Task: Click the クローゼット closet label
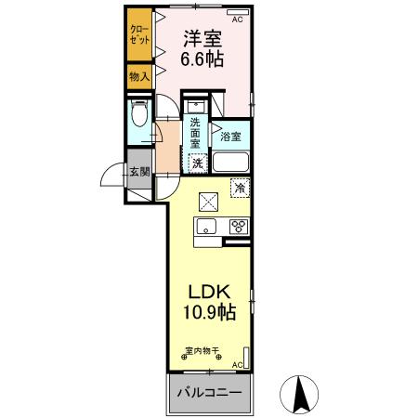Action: click(139, 35)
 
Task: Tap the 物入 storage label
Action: click(138, 76)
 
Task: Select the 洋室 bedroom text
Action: click(202, 39)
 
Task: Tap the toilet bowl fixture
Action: click(137, 115)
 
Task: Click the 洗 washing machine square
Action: click(197, 163)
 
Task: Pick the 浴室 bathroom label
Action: click(230, 137)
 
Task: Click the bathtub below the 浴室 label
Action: click(230, 163)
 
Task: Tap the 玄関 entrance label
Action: click(138, 171)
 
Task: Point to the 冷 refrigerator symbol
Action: click(240, 189)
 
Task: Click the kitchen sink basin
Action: click(205, 227)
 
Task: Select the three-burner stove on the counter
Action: click(237, 226)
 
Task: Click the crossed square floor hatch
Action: click(208, 200)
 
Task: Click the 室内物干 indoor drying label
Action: click(202, 352)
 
